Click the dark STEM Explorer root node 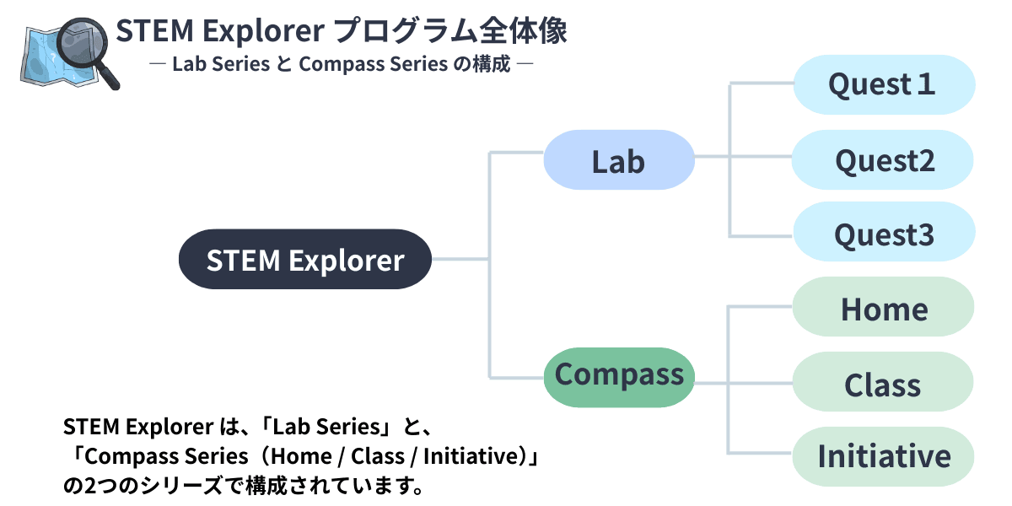(304, 259)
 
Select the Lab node (618, 159)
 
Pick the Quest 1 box (883, 84)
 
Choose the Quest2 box (883, 159)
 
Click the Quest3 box (883, 234)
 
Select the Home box (883, 309)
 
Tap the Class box (883, 384)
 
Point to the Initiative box (883, 456)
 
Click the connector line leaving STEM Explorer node (460, 260)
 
